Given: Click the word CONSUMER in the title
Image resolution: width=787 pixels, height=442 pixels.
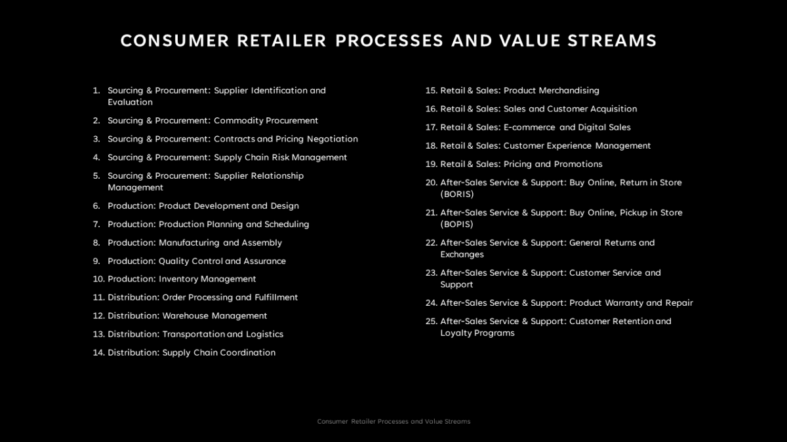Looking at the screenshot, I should click(x=175, y=41).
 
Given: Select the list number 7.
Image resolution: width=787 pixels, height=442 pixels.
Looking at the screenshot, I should click(x=96, y=224).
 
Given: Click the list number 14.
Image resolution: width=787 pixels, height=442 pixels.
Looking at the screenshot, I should click(x=98, y=352).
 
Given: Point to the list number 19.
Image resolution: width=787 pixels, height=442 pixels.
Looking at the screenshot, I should click(x=431, y=164).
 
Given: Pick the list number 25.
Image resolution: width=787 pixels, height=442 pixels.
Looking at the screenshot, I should click(x=431, y=321).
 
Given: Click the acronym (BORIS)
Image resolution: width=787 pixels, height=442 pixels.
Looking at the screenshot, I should click(x=456, y=194).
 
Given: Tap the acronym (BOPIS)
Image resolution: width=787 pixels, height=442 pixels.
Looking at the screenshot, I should click(x=456, y=224).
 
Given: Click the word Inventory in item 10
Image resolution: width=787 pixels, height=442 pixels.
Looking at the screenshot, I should click(x=179, y=279).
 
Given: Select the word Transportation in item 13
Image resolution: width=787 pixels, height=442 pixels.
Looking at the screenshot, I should click(x=193, y=334).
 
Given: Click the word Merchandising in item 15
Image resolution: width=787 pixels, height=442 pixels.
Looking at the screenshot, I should click(x=569, y=90).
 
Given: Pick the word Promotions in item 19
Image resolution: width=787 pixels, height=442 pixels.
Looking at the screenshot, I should click(x=578, y=164).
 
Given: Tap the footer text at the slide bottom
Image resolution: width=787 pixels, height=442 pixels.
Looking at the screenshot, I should click(x=393, y=422).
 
